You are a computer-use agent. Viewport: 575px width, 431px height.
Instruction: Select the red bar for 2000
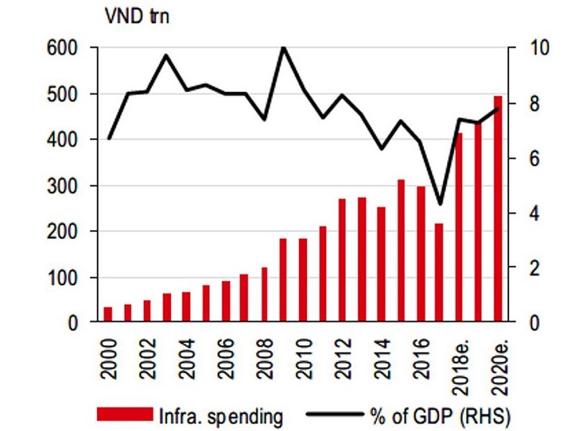pyautogui.click(x=108, y=315)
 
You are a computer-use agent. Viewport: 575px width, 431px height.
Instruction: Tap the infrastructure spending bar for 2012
pyautogui.click(x=342, y=260)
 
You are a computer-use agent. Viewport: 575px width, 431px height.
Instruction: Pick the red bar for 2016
pyautogui.click(x=420, y=254)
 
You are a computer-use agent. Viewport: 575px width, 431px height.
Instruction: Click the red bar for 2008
pyautogui.click(x=264, y=295)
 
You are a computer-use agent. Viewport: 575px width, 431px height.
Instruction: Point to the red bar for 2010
pyautogui.click(x=303, y=280)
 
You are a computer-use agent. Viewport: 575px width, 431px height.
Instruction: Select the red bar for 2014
pyautogui.click(x=382, y=264)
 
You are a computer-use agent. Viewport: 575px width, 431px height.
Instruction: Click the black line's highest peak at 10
pyautogui.click(x=283, y=47)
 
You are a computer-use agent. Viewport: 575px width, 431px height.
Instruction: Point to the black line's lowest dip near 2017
pyautogui.click(x=440, y=204)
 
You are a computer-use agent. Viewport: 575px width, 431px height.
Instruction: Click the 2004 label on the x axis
pyautogui.click(x=187, y=358)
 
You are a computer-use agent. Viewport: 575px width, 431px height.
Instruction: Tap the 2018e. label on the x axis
pyautogui.click(x=460, y=367)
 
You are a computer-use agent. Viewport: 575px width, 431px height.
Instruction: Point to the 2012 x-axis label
pyautogui.click(x=344, y=358)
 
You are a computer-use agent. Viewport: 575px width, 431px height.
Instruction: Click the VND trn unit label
pyautogui.click(x=137, y=16)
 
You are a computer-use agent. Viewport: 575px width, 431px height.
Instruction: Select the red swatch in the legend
pyautogui.click(x=125, y=414)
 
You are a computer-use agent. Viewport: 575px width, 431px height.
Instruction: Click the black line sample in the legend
pyautogui.click(x=335, y=414)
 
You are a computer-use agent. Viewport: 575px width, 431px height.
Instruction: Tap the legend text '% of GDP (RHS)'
pyautogui.click(x=440, y=417)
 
